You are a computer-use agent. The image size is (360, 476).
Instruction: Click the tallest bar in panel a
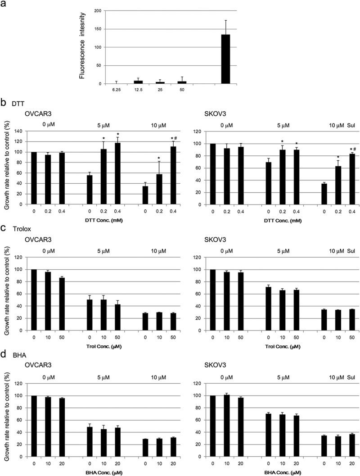pos(225,59)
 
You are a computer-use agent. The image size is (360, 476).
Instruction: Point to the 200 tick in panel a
pos(98,10)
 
